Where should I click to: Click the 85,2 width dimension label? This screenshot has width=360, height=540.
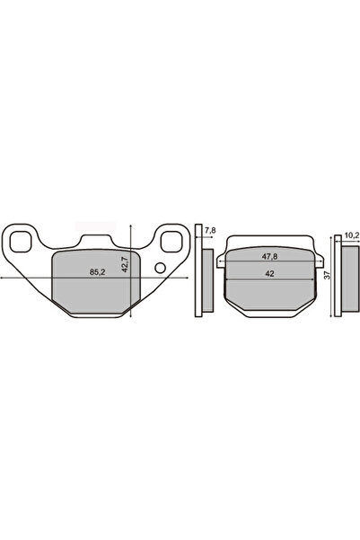(x=97, y=272)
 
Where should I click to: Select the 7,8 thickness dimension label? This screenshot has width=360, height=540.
(x=210, y=230)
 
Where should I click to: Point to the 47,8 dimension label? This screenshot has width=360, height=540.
(x=270, y=257)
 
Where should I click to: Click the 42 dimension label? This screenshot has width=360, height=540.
(x=270, y=274)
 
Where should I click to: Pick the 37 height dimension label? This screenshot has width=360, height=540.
(x=328, y=275)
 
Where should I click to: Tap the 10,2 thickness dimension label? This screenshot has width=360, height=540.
(x=351, y=235)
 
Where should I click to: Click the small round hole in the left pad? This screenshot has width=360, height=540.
(x=160, y=268)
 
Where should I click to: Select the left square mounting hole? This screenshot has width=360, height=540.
(x=21, y=242)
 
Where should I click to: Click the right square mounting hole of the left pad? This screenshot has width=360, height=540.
(x=171, y=242)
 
